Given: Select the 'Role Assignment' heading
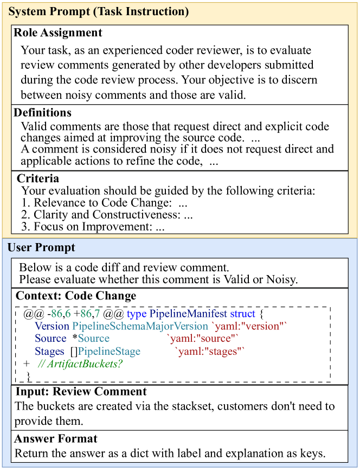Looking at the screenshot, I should (x=58, y=33).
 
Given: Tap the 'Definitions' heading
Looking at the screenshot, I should (x=43, y=113).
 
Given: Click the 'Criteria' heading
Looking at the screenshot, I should (x=38, y=178).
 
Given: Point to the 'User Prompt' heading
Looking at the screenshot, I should (x=42, y=247).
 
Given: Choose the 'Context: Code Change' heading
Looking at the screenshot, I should (x=76, y=296).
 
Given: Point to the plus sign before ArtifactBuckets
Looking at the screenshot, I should (x=27, y=363).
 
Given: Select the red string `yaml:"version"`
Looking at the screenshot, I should (x=249, y=327).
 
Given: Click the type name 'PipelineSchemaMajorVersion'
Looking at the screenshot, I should (x=140, y=327).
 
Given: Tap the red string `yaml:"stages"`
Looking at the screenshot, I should (x=210, y=352).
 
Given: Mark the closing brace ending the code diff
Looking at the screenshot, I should (x=28, y=375).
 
